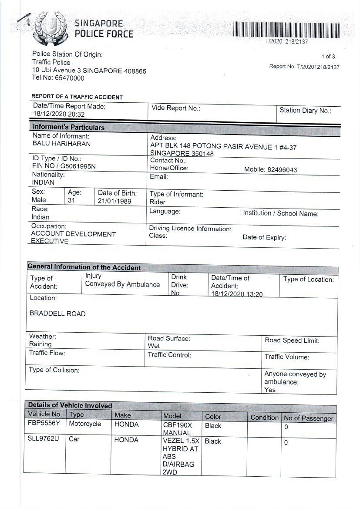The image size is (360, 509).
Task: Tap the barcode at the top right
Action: coord(286,30)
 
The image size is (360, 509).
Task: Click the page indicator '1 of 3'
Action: coord(328,57)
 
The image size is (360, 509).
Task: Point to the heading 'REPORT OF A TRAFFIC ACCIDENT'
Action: coord(77,97)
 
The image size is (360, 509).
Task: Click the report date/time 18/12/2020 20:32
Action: coord(59,115)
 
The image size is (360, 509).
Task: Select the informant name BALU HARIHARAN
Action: coord(61,144)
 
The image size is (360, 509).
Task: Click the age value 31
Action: coord(71,200)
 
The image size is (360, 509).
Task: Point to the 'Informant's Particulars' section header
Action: coord(68,128)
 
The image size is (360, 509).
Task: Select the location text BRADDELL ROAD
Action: coord(57,314)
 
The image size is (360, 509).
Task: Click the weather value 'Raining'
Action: coord(40,344)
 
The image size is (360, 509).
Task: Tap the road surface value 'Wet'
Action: coord(154,346)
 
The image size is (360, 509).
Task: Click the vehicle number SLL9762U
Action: coord(43,439)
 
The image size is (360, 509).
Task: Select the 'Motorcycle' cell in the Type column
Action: coord(85,424)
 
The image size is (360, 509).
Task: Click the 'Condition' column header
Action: coord(264,418)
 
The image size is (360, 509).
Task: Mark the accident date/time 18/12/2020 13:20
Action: coord(237,294)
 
